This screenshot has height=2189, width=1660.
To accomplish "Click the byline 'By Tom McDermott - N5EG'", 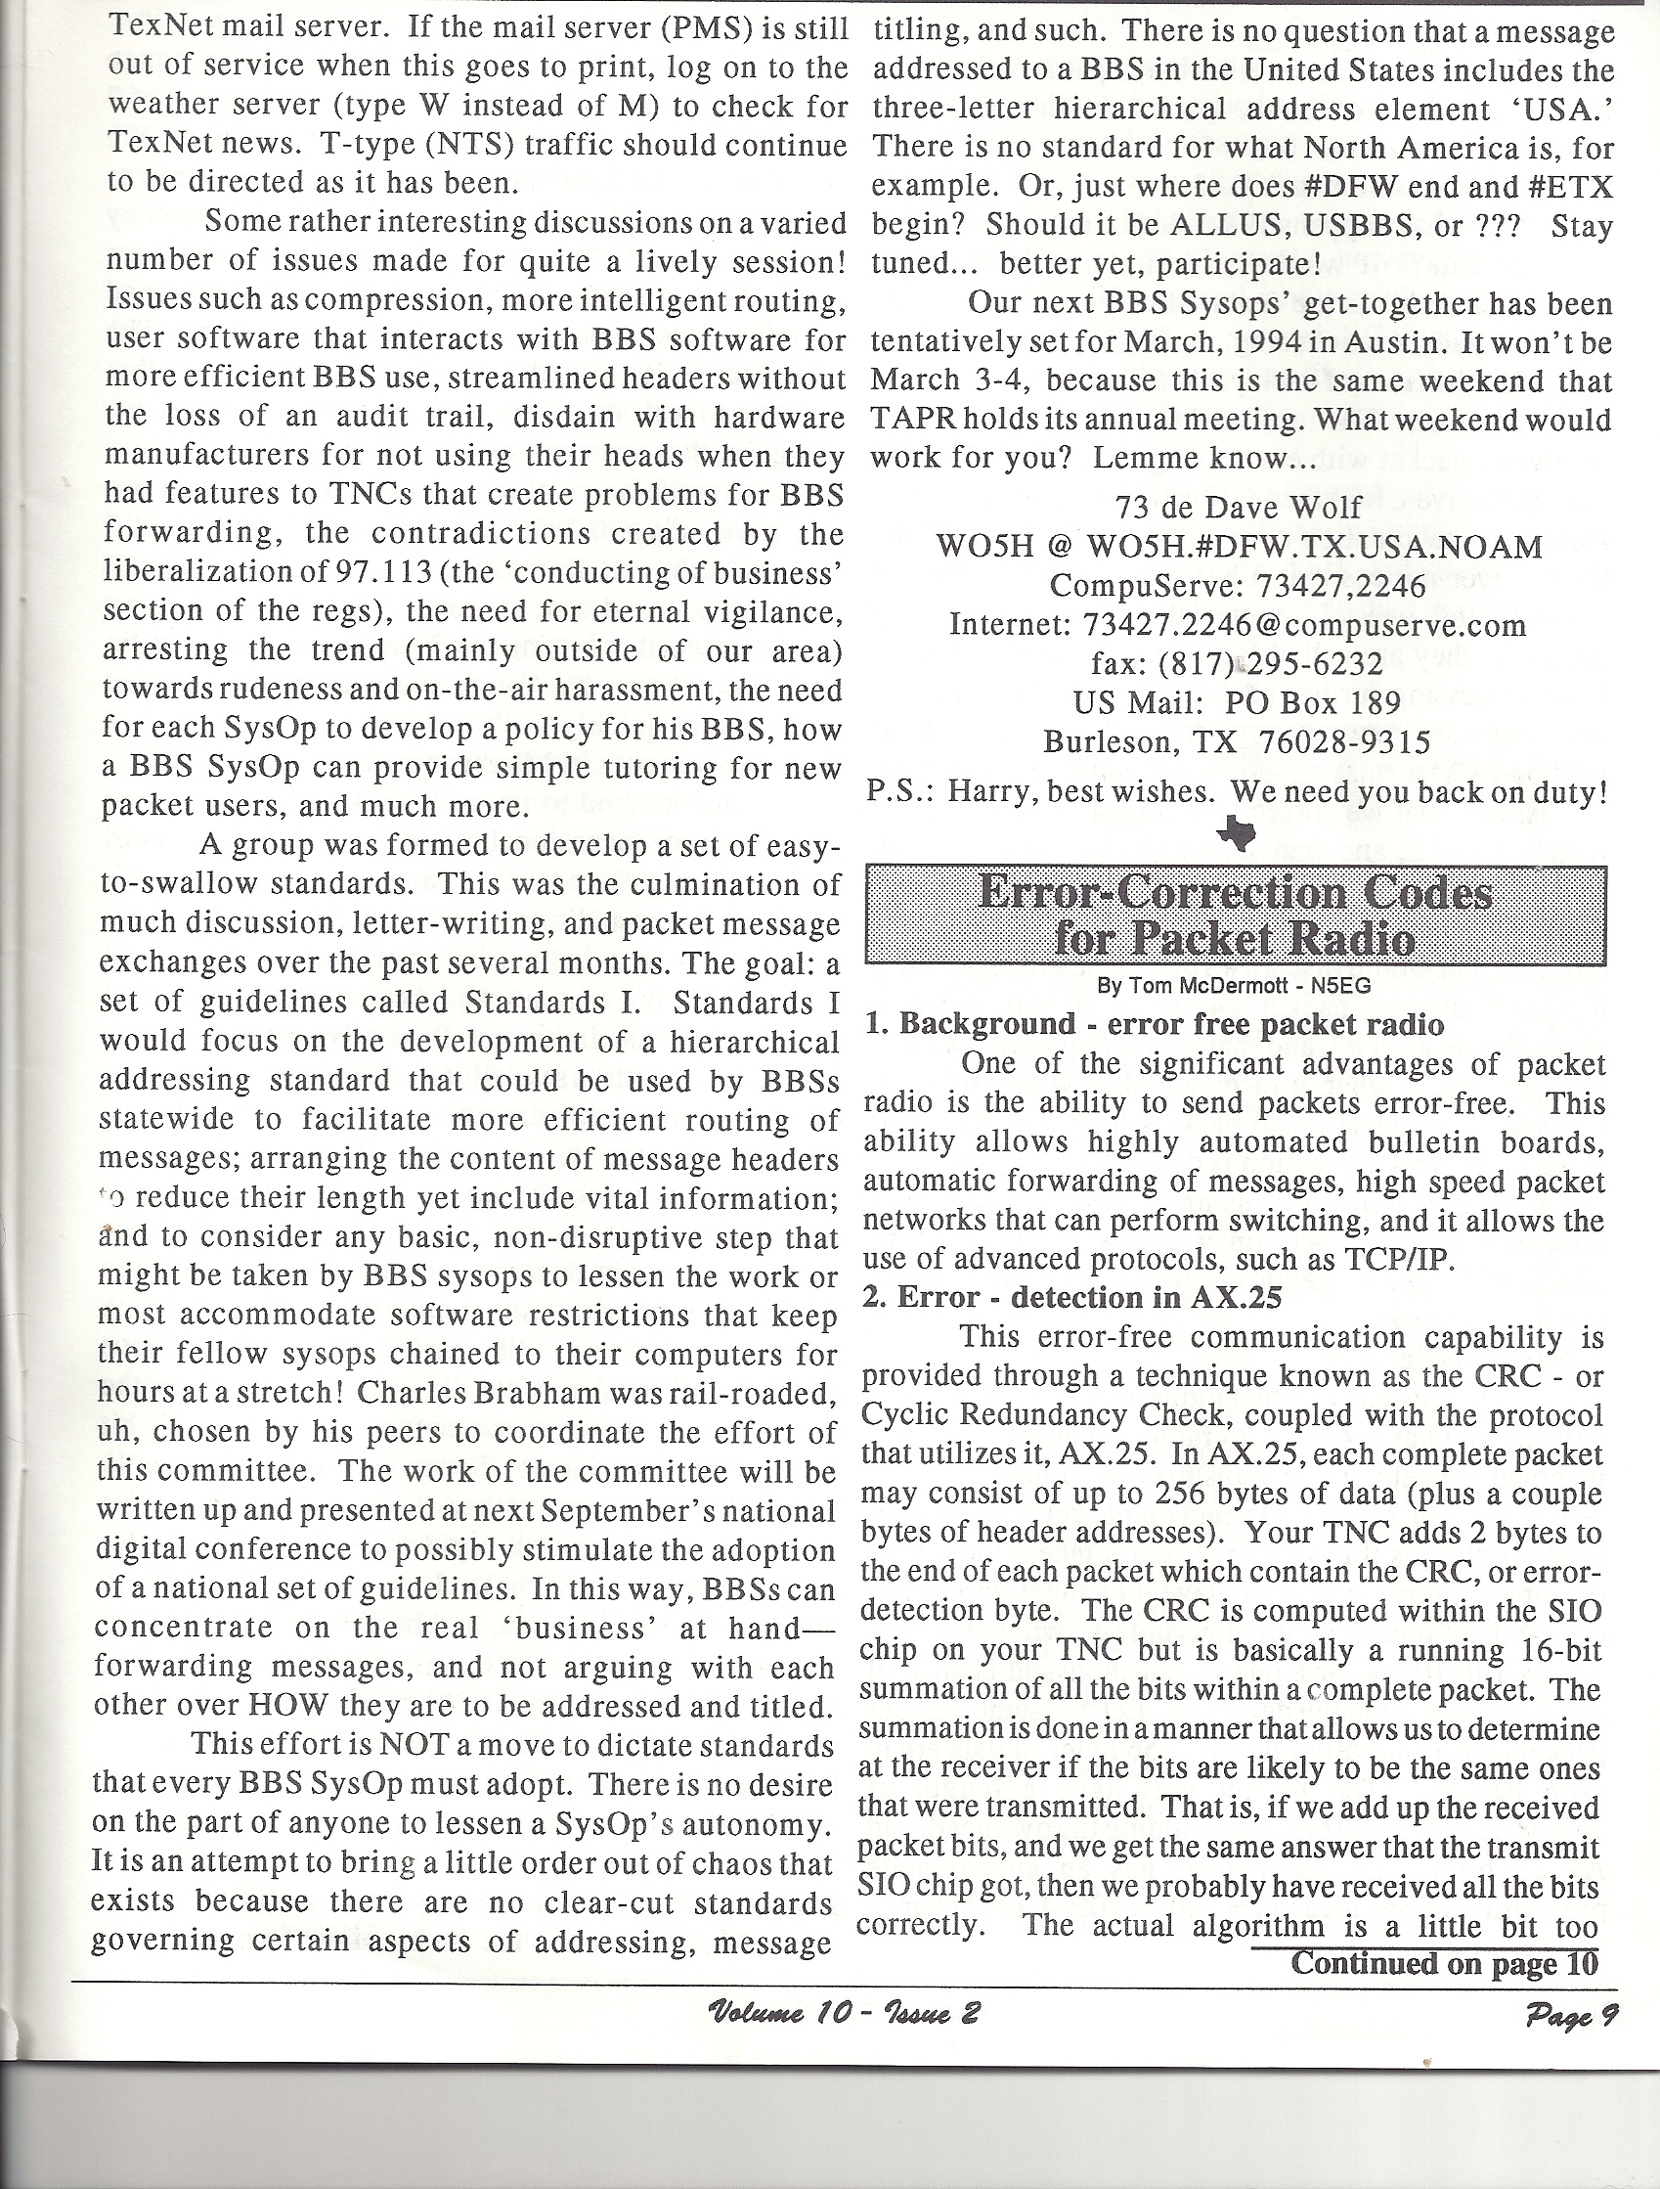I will pyautogui.click(x=1235, y=986).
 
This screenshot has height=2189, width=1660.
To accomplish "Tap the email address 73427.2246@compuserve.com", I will pyautogui.click(x=1304, y=625).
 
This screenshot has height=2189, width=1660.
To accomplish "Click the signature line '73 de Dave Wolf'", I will pyautogui.click(x=1238, y=508).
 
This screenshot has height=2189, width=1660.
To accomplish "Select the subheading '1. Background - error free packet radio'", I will pyautogui.click(x=1154, y=1023).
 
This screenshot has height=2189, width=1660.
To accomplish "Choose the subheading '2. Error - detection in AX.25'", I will pyautogui.click(x=1072, y=1296).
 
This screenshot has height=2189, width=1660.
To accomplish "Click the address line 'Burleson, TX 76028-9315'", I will pyautogui.click(x=1237, y=742).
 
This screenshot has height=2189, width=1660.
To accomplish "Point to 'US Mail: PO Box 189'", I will pyautogui.click(x=1237, y=702).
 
